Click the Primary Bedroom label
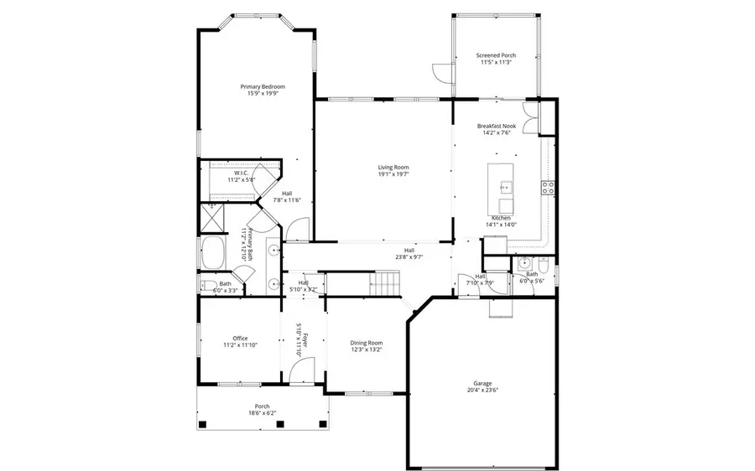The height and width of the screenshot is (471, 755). (263, 87)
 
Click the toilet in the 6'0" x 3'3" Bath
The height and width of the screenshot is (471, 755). (206, 285)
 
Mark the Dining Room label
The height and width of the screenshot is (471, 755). (366, 342)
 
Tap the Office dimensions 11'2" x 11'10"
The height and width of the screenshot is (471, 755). (239, 344)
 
